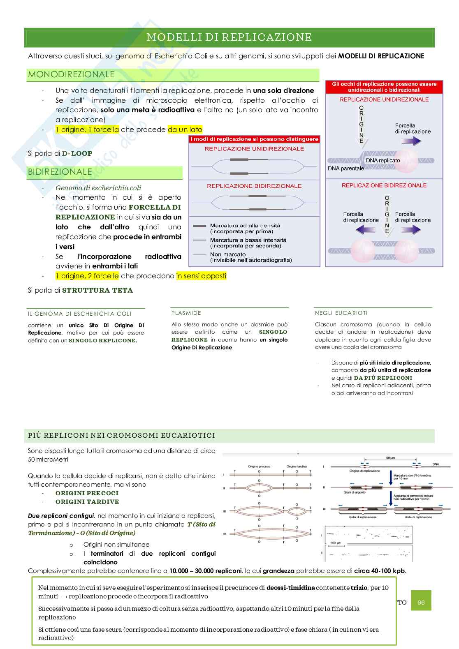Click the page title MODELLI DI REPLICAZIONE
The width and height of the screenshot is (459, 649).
[x=229, y=37]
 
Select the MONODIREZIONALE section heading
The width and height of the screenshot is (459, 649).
[x=71, y=74]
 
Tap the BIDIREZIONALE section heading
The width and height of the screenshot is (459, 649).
[x=60, y=172]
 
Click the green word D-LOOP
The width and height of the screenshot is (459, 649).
[x=77, y=153]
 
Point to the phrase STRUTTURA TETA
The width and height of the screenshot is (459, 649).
[x=97, y=290]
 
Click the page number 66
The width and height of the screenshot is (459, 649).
[x=421, y=603]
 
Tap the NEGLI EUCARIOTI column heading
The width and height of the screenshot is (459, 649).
[x=341, y=313]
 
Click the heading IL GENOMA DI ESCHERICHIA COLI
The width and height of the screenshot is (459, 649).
[x=80, y=314]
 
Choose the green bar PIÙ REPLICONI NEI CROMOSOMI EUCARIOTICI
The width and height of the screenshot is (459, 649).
[x=122, y=435]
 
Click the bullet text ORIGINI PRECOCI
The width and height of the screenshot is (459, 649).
[x=87, y=493]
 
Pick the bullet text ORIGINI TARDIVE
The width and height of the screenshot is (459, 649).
[x=87, y=501]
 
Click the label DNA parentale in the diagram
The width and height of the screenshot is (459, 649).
[x=345, y=169]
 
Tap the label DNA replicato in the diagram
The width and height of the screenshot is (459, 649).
[x=382, y=160]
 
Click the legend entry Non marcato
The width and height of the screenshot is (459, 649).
[x=227, y=254]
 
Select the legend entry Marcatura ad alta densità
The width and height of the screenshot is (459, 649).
[x=245, y=226]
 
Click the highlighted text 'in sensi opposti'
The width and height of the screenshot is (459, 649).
[x=201, y=276]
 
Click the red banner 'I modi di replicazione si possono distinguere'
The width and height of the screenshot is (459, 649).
[x=254, y=139]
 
